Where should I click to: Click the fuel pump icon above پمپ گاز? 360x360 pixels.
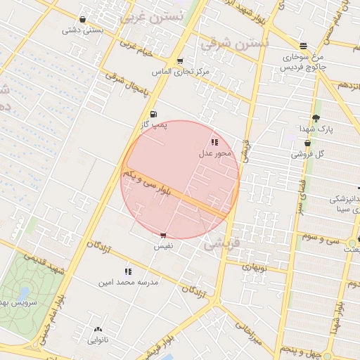point(153,114)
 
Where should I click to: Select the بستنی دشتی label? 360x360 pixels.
point(83,30)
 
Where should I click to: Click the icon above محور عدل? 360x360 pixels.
point(214,142)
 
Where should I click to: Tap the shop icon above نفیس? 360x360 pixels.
point(163,236)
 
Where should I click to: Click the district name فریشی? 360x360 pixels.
point(221,245)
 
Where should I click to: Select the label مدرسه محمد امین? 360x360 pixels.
point(129,281)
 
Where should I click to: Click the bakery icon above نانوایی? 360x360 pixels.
point(98,329)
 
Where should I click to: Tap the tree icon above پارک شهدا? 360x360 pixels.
point(316,118)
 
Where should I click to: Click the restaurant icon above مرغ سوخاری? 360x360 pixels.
point(302,46)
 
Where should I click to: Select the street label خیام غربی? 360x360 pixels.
point(138,49)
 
